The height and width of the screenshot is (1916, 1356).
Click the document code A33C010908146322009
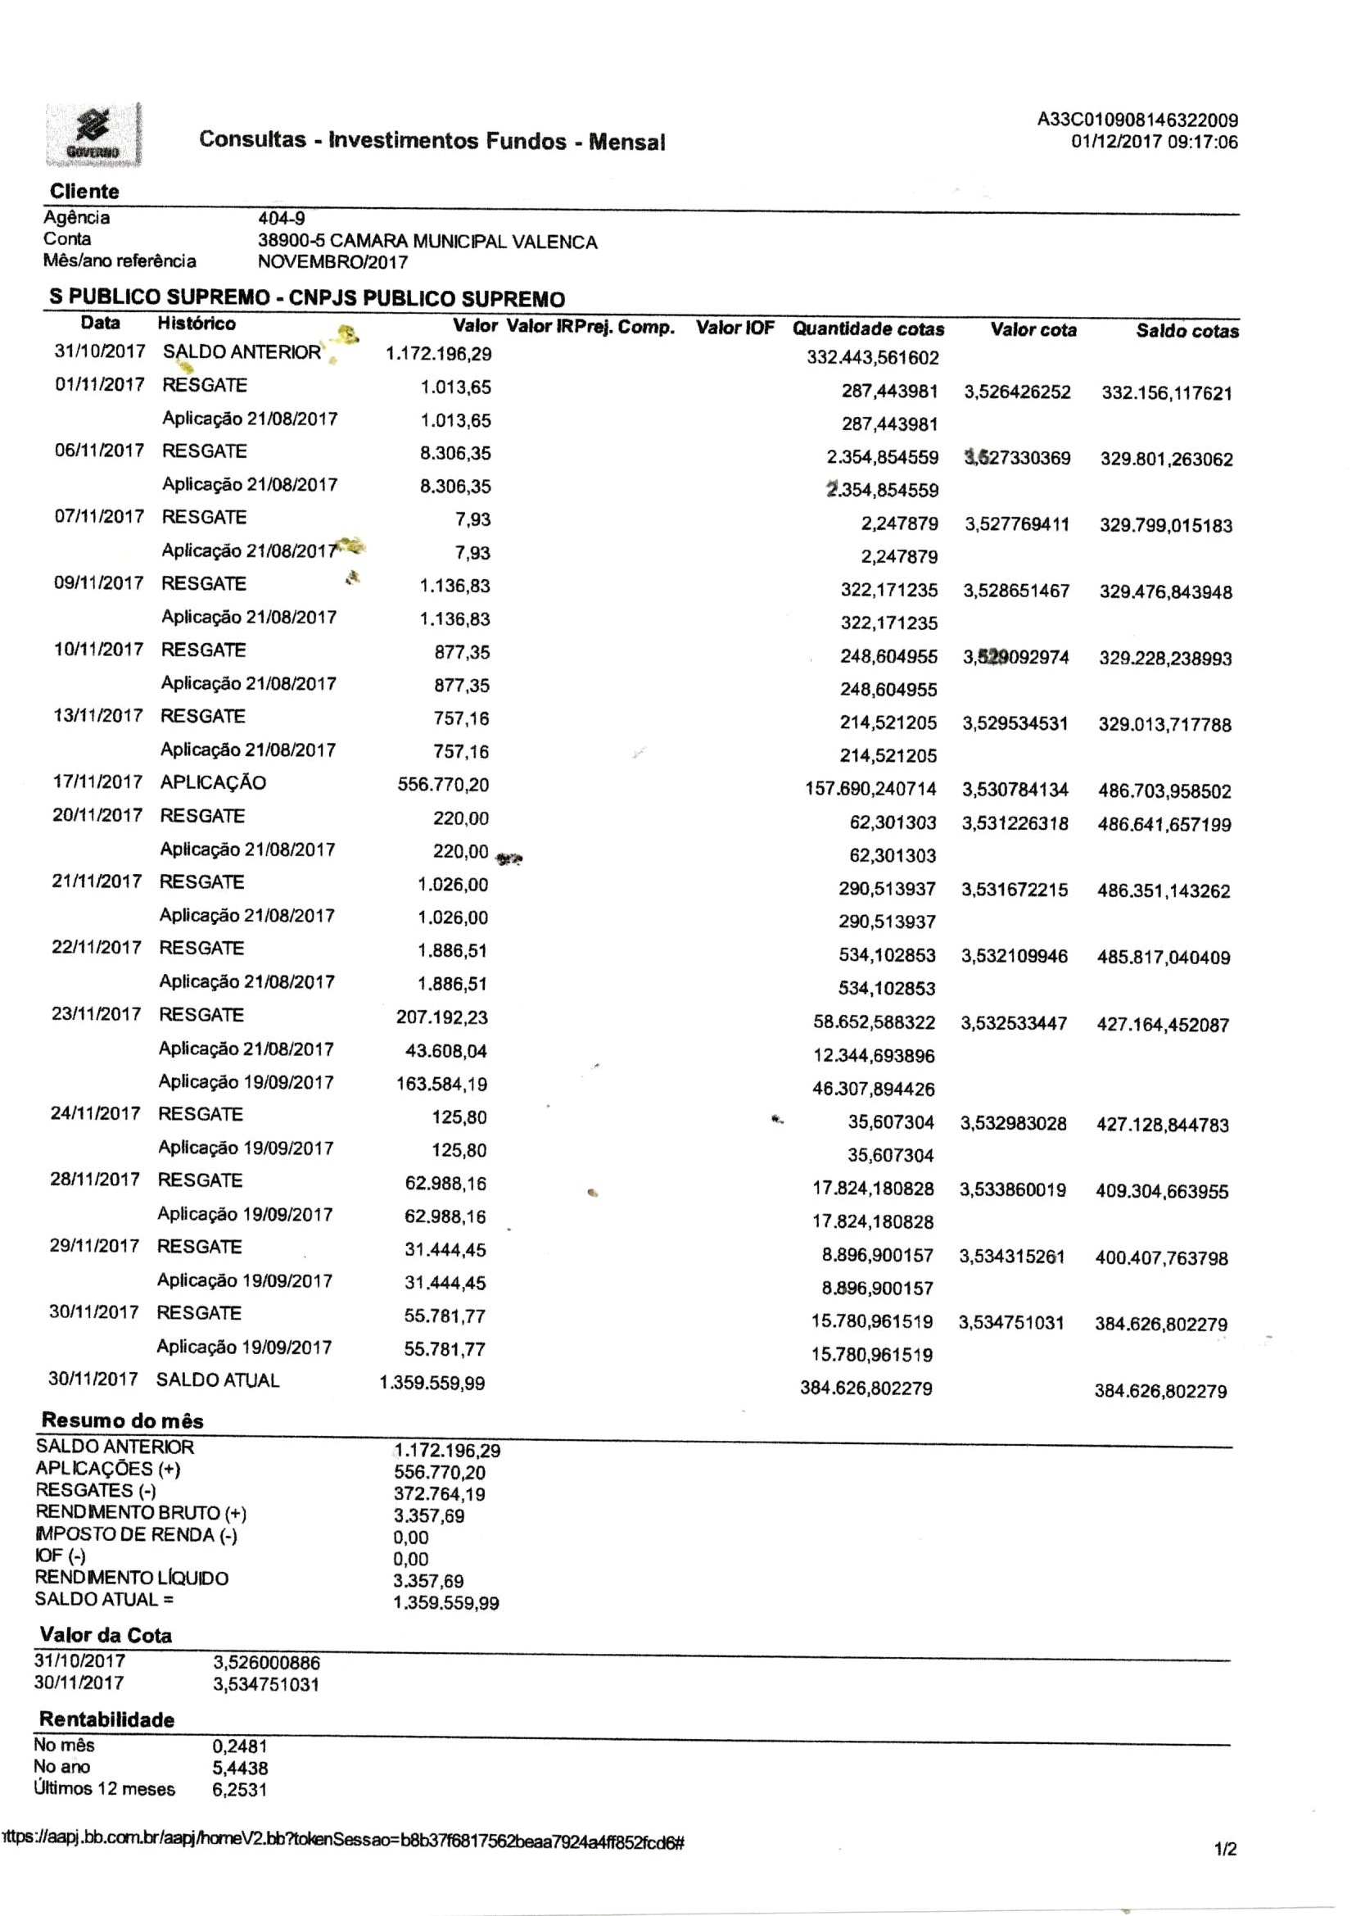pyautogui.click(x=1137, y=120)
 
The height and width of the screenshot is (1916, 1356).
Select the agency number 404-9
pyautogui.click(x=282, y=220)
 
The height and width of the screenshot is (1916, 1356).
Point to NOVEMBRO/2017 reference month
pyautogui.click(x=333, y=262)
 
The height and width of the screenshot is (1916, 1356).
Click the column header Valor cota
pyautogui.click(x=1033, y=330)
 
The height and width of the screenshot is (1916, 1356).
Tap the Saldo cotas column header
pyautogui.click(x=1186, y=332)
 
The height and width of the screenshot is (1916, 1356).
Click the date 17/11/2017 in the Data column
pyautogui.click(x=97, y=782)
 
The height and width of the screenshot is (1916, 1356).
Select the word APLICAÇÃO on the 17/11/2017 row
pyautogui.click(x=213, y=782)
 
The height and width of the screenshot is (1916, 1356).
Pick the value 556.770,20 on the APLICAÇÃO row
pyautogui.click(x=443, y=785)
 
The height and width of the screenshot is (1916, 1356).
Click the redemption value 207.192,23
pyautogui.click(x=441, y=1017)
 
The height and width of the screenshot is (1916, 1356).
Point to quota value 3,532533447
pyautogui.click(x=1014, y=1023)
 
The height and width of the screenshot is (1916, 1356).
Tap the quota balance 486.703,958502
pyautogui.click(x=1164, y=791)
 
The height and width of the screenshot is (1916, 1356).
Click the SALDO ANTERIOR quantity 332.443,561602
pyautogui.click(x=873, y=358)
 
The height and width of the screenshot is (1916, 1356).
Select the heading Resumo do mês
pyautogui.click(x=122, y=1420)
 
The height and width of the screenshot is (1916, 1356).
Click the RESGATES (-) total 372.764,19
pyautogui.click(x=439, y=1494)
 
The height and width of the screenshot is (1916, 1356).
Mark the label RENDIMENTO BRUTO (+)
pyautogui.click(x=140, y=1513)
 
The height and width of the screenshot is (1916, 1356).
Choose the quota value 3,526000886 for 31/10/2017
pyautogui.click(x=266, y=1663)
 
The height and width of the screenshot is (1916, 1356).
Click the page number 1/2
pyautogui.click(x=1225, y=1850)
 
